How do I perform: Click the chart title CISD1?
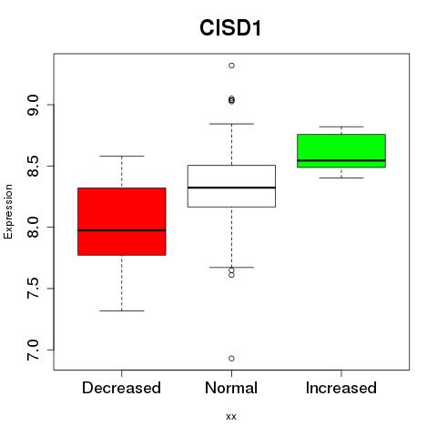point(230,28)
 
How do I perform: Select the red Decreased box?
point(122,221)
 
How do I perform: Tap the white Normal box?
point(231,186)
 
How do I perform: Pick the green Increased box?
point(341,151)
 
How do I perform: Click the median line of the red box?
point(122,230)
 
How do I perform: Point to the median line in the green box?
point(341,160)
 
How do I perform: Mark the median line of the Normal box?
point(231,188)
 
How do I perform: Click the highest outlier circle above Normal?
point(231,66)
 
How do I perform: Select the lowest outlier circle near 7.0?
point(231,359)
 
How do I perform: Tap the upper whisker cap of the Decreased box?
point(122,156)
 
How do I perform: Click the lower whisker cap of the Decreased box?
point(122,310)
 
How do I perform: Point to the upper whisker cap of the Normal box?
point(231,124)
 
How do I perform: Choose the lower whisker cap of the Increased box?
point(341,178)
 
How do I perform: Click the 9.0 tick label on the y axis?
point(33,105)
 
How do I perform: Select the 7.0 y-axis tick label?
point(33,350)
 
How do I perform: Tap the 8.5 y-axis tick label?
point(33,167)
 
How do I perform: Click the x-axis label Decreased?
point(121,388)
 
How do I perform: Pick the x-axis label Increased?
point(341,388)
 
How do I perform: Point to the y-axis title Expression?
point(8,211)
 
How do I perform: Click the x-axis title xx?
point(231,417)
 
